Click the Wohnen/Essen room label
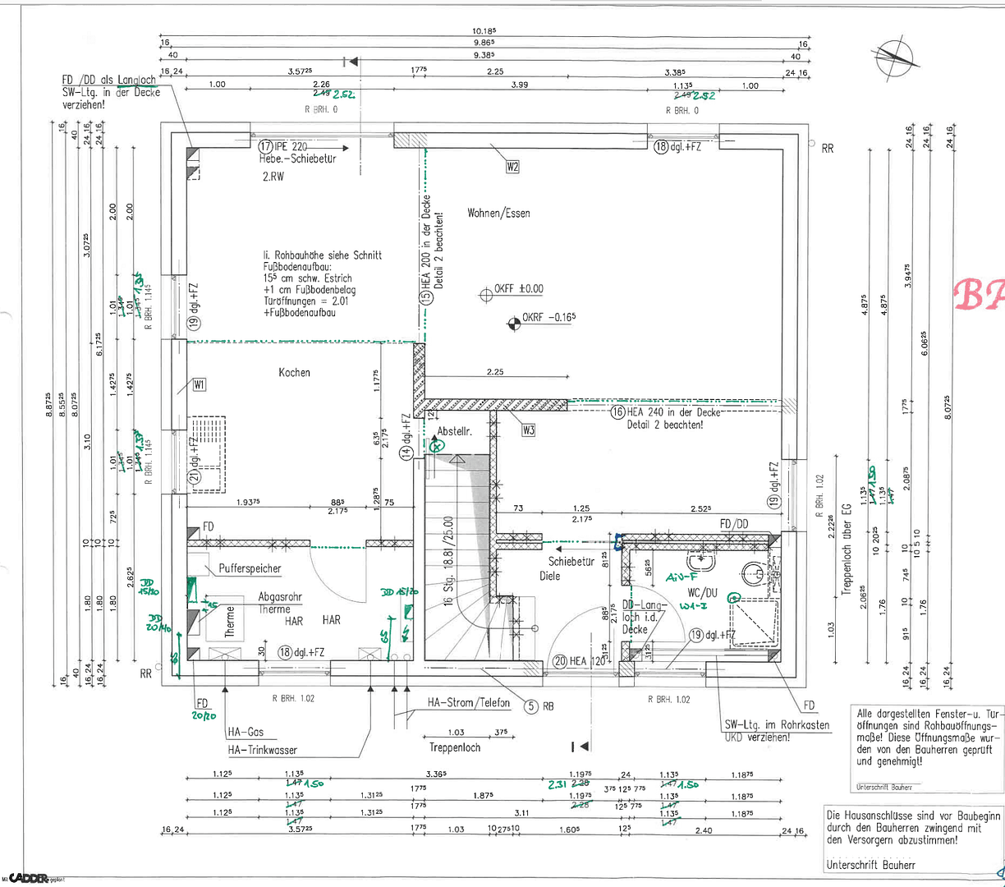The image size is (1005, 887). point(498,214)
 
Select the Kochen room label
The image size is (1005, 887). point(294,373)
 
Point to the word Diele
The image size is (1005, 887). point(549,576)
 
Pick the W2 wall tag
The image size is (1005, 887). point(512,167)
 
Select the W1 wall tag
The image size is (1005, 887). point(199,384)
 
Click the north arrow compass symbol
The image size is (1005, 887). point(898,56)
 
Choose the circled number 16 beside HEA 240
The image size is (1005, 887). point(617,412)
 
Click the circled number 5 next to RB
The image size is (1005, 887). point(531,705)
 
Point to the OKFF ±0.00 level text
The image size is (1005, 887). point(518,289)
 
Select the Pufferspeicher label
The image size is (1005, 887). point(250,568)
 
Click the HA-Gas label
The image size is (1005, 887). point(246,733)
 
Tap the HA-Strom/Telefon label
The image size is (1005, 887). point(468,703)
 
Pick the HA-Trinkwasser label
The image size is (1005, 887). point(263,750)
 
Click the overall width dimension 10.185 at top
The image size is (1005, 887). point(484,31)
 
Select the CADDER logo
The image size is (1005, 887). point(29,877)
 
